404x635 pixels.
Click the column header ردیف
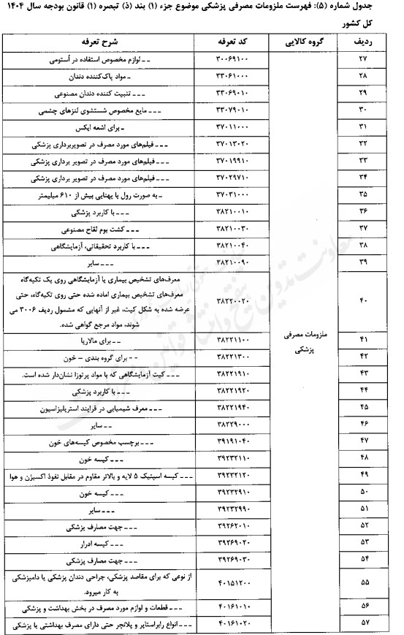point(365,42)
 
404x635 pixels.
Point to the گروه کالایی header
point(305,42)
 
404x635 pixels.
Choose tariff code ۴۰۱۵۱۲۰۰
point(237,582)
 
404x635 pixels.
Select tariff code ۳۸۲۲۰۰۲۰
point(237,300)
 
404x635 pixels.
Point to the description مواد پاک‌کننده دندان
point(145,75)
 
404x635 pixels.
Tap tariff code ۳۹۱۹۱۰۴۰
point(237,444)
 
